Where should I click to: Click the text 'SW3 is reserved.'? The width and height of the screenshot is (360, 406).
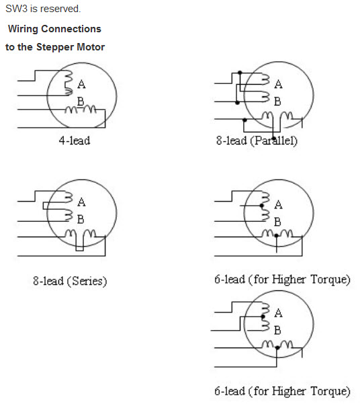click(43, 9)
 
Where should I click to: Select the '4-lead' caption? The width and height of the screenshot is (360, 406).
click(75, 140)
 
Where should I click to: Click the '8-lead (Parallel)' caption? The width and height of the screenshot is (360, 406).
click(257, 140)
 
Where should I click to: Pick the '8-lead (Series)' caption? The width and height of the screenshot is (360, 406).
click(70, 281)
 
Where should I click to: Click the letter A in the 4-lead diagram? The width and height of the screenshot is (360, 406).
click(81, 85)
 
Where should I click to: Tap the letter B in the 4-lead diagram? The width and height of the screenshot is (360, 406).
click(81, 101)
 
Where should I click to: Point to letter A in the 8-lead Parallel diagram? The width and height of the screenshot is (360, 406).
click(278, 85)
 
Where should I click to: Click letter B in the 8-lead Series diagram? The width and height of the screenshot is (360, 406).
click(81, 219)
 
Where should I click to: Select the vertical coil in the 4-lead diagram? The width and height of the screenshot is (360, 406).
click(69, 83)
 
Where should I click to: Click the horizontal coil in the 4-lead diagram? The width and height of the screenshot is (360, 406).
click(81, 110)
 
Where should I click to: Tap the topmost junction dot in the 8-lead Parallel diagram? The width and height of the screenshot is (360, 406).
click(240, 73)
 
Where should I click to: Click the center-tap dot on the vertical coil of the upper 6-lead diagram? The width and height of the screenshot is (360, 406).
click(262, 206)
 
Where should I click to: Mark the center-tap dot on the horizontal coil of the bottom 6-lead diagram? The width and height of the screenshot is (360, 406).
click(277, 348)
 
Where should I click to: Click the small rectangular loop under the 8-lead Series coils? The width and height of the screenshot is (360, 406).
click(80, 243)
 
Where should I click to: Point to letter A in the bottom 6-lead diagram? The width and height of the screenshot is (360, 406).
click(278, 313)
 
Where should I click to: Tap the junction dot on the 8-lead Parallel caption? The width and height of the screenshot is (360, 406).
click(274, 138)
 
